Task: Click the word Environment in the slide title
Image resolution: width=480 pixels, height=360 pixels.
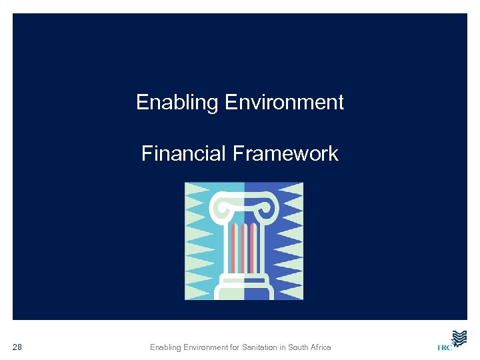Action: coord(285,103)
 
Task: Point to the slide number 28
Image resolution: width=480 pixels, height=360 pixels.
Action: coord(17,347)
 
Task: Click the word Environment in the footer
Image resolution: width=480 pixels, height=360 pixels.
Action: coord(202,347)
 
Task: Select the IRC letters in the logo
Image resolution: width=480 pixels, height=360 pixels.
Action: coord(444,347)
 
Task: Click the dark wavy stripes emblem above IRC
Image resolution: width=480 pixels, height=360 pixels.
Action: coord(458,337)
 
